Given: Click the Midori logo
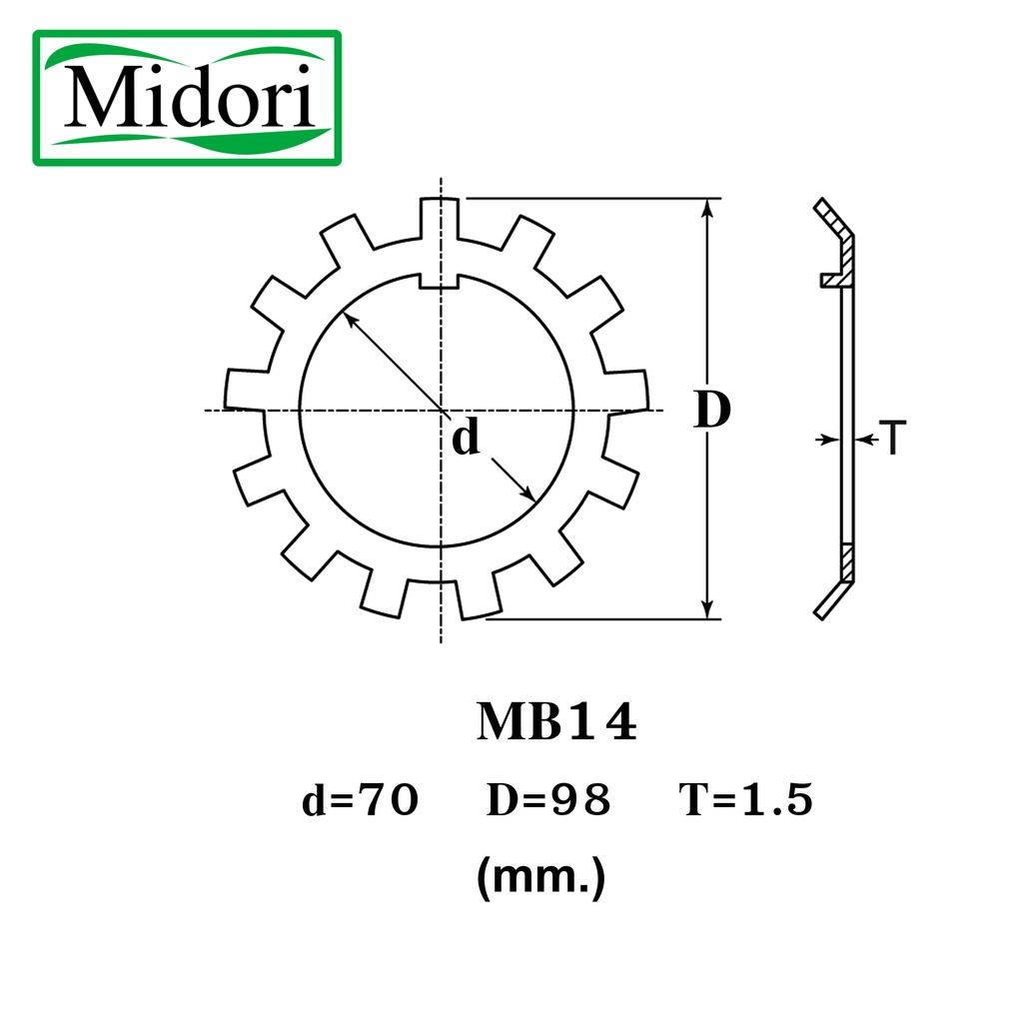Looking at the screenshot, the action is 187,98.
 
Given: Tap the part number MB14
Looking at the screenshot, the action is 556,721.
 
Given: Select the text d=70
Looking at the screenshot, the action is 360,800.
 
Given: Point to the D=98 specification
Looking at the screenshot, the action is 548,800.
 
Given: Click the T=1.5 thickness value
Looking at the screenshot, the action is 746,800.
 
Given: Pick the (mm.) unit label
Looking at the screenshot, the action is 540,877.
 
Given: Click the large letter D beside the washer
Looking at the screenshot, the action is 711,410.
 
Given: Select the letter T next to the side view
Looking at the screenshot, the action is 893,439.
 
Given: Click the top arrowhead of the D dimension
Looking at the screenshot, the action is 708,207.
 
